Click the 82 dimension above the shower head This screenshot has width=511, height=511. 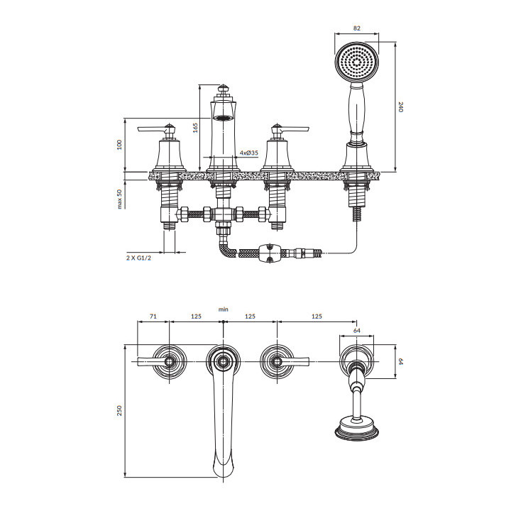[x=357, y=28]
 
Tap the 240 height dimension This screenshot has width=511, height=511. [x=400, y=107]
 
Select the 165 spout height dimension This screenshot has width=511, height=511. [x=195, y=128]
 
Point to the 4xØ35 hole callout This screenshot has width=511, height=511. [x=249, y=153]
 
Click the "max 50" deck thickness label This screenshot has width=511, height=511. [x=119, y=199]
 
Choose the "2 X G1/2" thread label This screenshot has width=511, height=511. [x=139, y=258]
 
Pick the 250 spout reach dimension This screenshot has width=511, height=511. [x=119, y=411]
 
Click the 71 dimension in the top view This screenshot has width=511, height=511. [x=153, y=316]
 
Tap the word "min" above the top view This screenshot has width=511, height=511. [x=224, y=309]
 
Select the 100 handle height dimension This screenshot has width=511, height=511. [x=119, y=145]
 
